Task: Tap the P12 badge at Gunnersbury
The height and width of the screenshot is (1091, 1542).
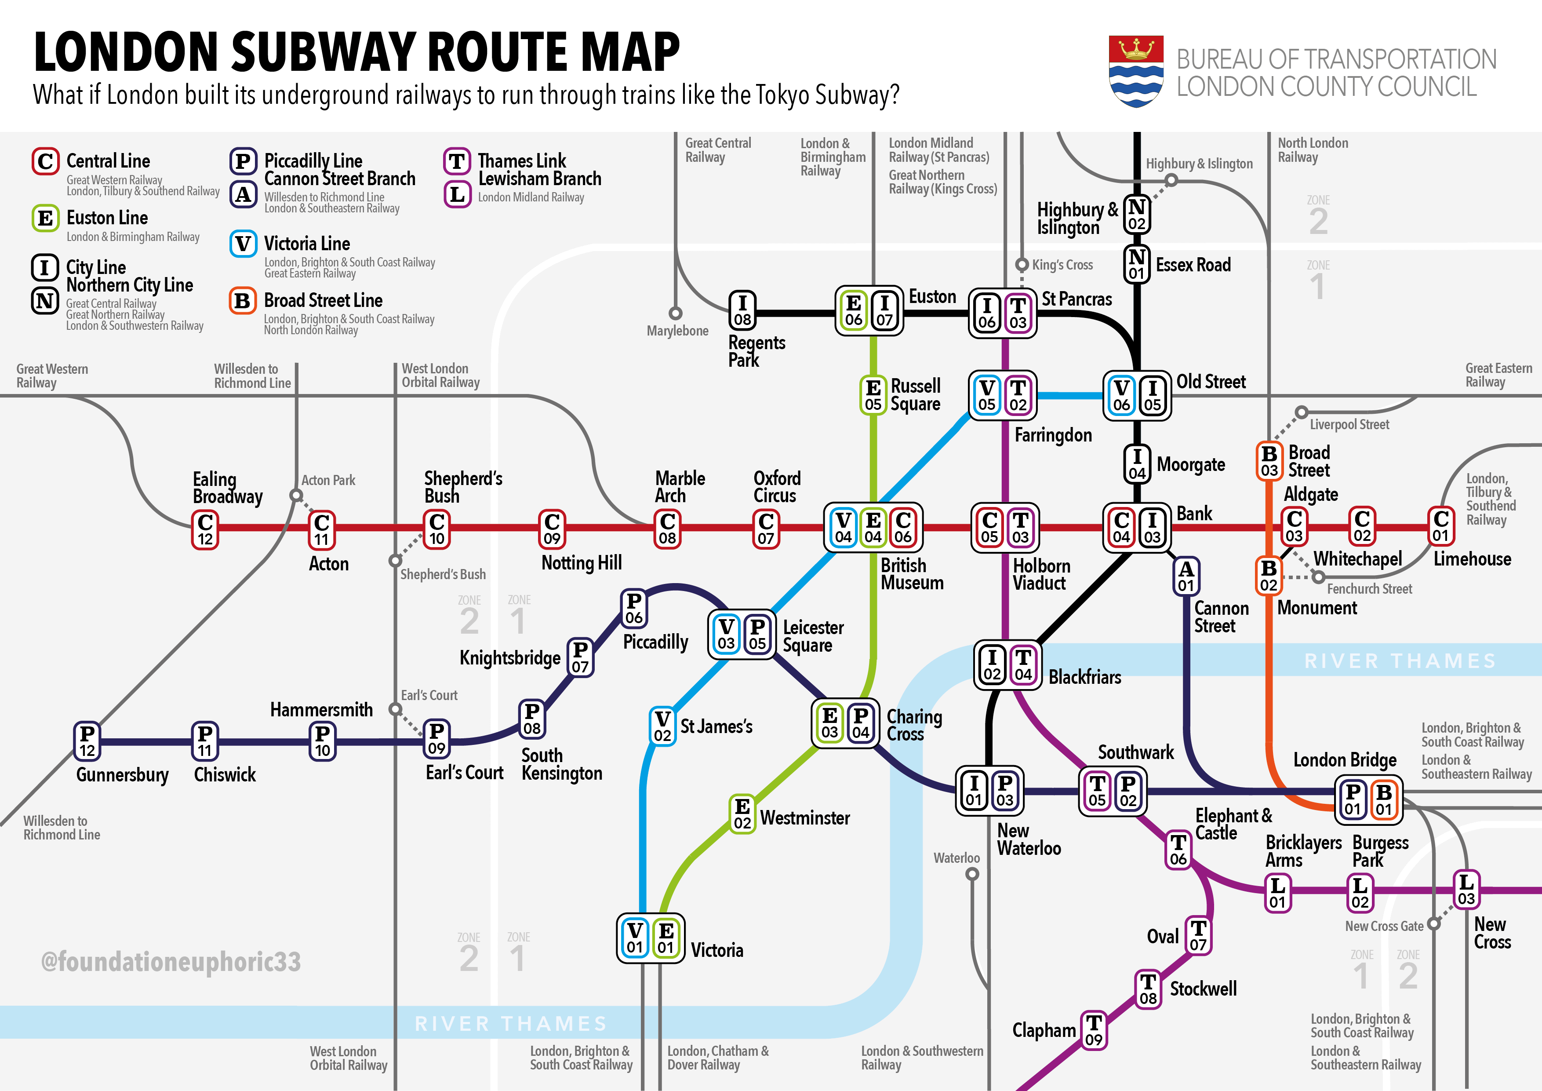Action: [87, 741]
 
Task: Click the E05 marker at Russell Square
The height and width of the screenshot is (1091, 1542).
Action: [873, 395]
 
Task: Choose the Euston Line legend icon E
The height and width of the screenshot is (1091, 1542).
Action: [45, 219]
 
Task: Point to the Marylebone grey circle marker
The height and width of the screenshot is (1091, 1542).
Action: [676, 313]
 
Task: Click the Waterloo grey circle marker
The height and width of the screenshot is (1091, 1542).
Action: [972, 874]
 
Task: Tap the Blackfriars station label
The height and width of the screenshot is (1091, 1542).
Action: [1085, 677]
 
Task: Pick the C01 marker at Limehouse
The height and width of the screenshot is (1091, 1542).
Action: [1440, 527]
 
